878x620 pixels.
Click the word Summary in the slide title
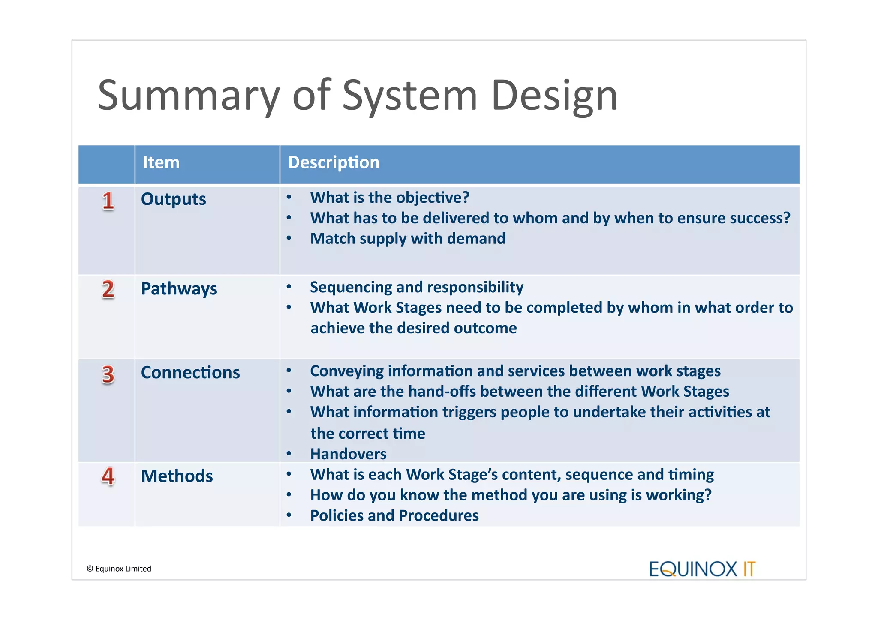pyautogui.click(x=189, y=95)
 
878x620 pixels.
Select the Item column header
pyautogui.click(x=161, y=163)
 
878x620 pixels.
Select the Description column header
pyautogui.click(x=334, y=163)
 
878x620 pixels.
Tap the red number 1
pyautogui.click(x=108, y=201)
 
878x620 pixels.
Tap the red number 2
pyautogui.click(x=108, y=289)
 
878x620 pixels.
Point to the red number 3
pyautogui.click(x=108, y=374)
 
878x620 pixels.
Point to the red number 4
pyautogui.click(x=108, y=476)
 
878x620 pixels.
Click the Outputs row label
pyautogui.click(x=173, y=199)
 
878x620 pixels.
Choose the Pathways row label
pyautogui.click(x=179, y=289)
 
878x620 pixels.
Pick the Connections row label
pyautogui.click(x=190, y=373)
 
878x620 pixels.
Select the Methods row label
pyautogui.click(x=177, y=476)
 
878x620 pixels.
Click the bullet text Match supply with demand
pyautogui.click(x=408, y=239)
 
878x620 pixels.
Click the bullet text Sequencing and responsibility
pyautogui.click(x=417, y=287)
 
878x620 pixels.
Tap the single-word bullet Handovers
pyautogui.click(x=348, y=454)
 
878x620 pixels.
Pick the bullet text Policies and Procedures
pyautogui.click(x=394, y=516)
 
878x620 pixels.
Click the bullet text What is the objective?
pyautogui.click(x=390, y=198)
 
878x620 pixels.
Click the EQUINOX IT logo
pyautogui.click(x=702, y=569)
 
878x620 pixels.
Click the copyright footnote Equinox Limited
pyautogui.click(x=119, y=569)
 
